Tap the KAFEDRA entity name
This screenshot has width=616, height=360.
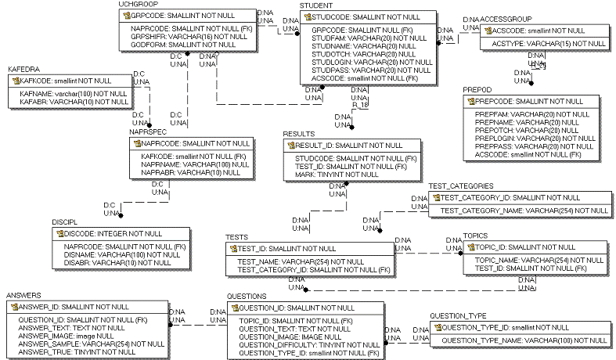[23, 70]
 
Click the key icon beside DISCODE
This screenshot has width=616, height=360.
[59, 234]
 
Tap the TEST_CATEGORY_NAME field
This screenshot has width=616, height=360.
[524, 211]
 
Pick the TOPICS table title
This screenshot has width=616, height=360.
[475, 235]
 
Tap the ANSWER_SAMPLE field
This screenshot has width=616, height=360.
[91, 344]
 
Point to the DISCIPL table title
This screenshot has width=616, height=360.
[64, 222]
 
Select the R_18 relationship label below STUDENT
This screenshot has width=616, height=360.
[360, 104]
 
